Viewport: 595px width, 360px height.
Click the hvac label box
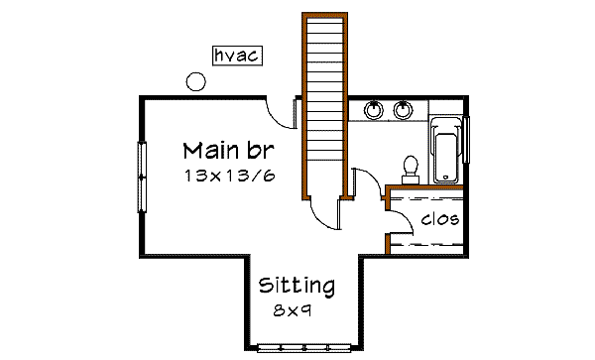236,56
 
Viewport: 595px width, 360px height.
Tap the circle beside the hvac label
196,82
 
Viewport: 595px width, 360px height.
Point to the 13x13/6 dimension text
229,176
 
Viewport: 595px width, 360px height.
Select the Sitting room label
297,286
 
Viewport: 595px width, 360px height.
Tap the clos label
439,219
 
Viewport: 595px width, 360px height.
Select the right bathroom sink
404,109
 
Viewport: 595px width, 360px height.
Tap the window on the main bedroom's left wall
142,177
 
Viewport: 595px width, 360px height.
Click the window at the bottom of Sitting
304,347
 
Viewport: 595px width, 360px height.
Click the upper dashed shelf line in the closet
424,198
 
